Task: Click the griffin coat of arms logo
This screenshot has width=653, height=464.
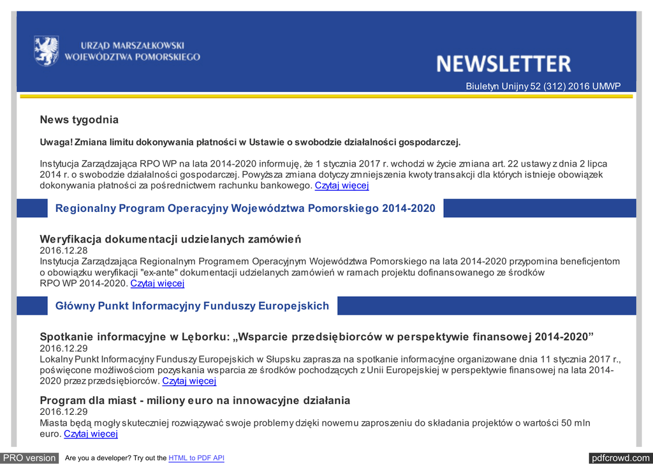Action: [46, 50]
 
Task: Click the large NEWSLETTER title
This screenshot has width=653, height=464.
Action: [503, 64]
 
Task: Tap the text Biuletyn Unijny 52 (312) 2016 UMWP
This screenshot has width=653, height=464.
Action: [543, 86]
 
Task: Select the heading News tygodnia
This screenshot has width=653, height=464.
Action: [79, 120]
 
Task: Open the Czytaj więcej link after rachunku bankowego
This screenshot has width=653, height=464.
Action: [342, 186]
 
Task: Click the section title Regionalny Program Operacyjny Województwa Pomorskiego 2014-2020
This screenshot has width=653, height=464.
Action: [246, 208]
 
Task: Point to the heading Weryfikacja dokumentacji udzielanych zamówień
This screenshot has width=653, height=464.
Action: [170, 239]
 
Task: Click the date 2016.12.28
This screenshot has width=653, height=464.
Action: [64, 250]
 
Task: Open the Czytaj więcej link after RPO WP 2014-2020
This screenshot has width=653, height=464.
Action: [158, 283]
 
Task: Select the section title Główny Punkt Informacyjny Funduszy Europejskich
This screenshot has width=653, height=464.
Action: [192, 306]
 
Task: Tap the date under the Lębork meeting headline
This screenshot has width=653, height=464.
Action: [64, 348]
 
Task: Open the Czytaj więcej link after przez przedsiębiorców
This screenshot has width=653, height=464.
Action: [189, 381]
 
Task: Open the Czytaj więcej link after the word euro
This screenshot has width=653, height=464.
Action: [91, 434]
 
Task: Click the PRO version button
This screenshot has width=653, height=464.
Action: [30, 458]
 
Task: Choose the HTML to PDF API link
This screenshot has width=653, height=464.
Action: [196, 458]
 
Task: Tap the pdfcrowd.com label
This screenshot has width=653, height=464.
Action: [620, 458]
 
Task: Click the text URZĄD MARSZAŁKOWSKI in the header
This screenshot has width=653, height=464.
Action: [132, 45]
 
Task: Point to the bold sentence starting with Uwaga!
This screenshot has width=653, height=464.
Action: [250, 142]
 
